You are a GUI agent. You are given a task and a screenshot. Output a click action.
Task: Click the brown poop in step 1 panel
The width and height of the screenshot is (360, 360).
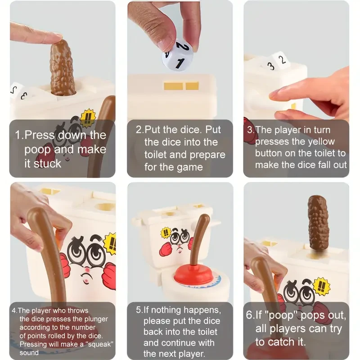pos(63,67)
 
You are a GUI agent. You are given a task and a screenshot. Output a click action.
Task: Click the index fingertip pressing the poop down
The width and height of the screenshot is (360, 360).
pos(57,37)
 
